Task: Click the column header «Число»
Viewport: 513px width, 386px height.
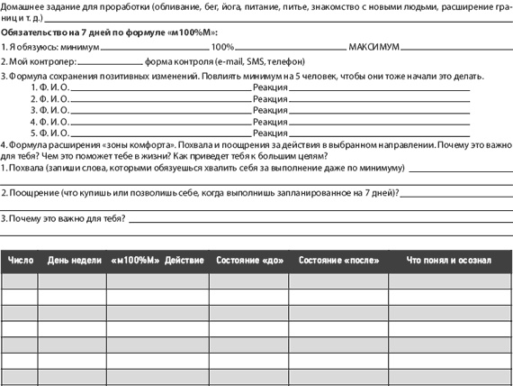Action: [20, 261]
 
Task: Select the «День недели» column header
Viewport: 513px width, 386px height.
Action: [74, 261]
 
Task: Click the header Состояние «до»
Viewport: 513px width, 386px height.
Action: [249, 261]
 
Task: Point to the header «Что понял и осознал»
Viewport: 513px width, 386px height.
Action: [448, 261]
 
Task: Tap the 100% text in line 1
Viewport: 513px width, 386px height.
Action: [222, 46]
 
